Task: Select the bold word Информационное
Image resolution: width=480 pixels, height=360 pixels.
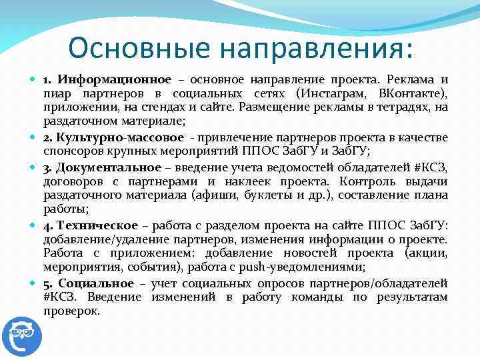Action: coord(115,79)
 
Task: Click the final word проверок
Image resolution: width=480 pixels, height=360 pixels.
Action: coord(71,311)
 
